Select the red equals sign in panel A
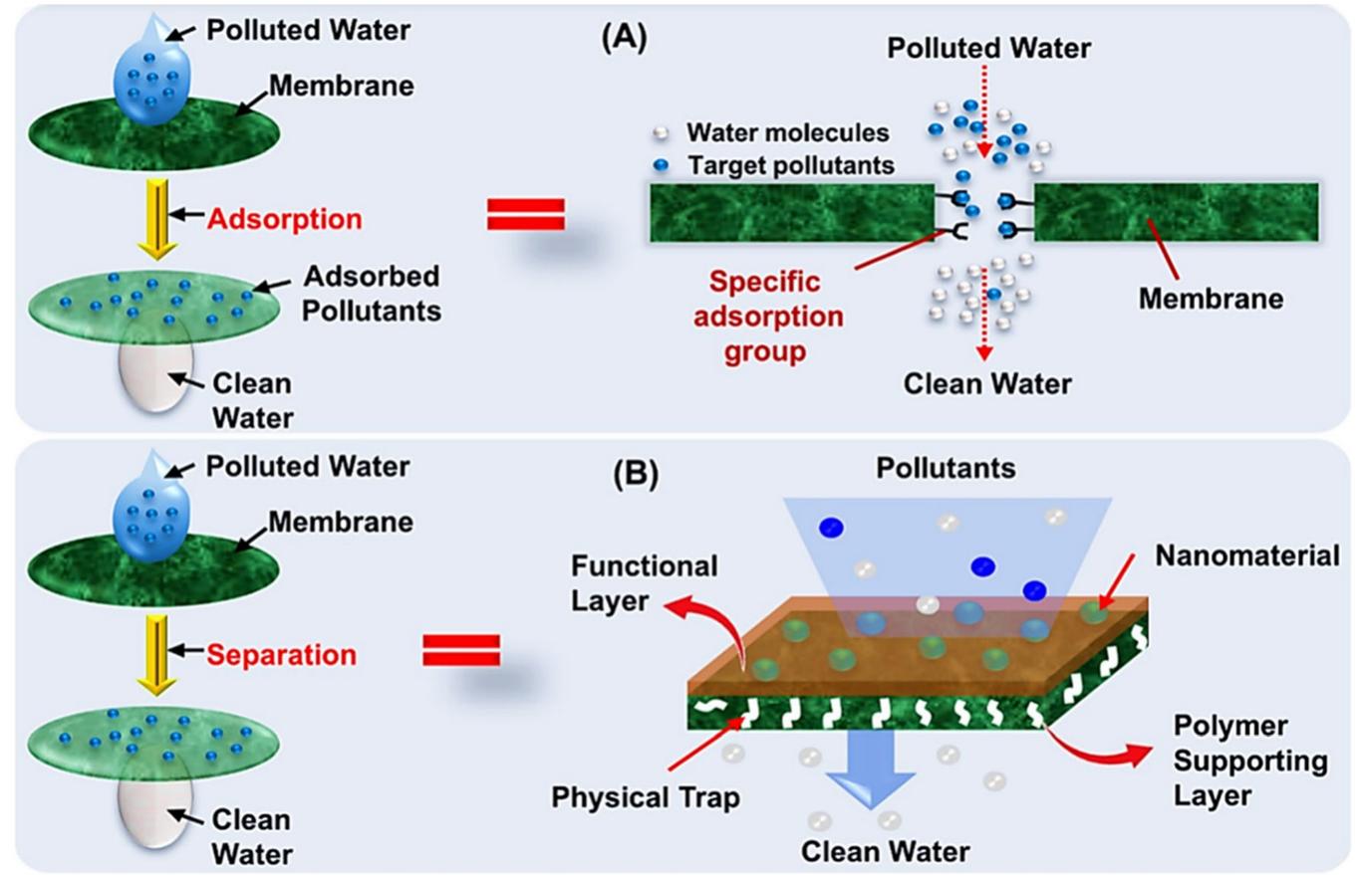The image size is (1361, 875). [x=525, y=214]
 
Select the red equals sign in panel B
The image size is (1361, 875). [x=461, y=652]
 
